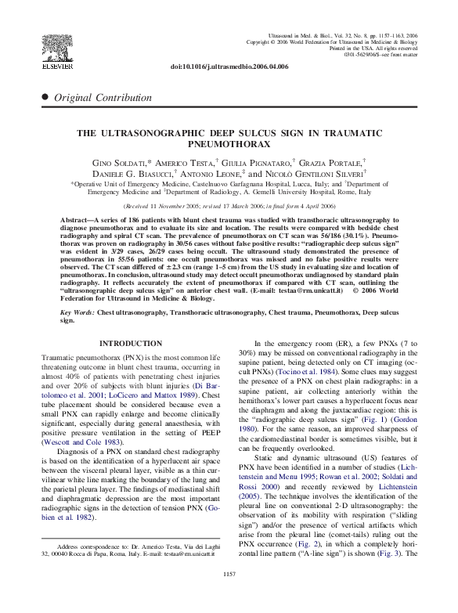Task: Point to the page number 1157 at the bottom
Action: pyautogui.click(x=229, y=597)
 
